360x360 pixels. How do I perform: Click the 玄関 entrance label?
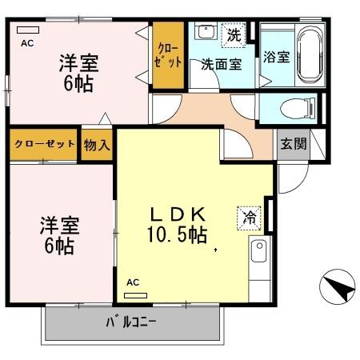291,144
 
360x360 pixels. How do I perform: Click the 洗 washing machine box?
233,34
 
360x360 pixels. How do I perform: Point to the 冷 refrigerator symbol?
248,216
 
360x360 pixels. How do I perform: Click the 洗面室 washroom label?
221,65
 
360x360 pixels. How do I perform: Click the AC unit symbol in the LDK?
136,294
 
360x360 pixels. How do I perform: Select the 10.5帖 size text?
177,235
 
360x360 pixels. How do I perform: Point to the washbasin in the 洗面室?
206,33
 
